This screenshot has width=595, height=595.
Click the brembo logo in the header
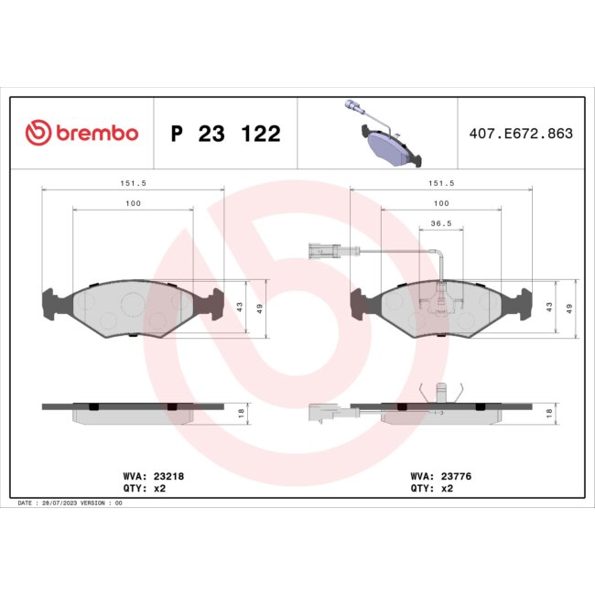tap(81, 134)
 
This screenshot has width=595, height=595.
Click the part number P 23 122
tap(225, 135)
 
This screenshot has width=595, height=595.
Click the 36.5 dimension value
tap(441, 222)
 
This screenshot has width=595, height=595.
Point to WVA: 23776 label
tap(441, 476)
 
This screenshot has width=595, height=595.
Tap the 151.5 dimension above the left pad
tap(134, 182)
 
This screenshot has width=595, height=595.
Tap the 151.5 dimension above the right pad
tap(441, 182)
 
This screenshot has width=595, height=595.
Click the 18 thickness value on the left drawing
tap(241, 414)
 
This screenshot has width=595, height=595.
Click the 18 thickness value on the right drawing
tap(549, 414)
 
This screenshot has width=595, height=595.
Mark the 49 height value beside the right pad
tap(570, 308)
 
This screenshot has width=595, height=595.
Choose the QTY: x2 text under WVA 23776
tap(434, 489)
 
